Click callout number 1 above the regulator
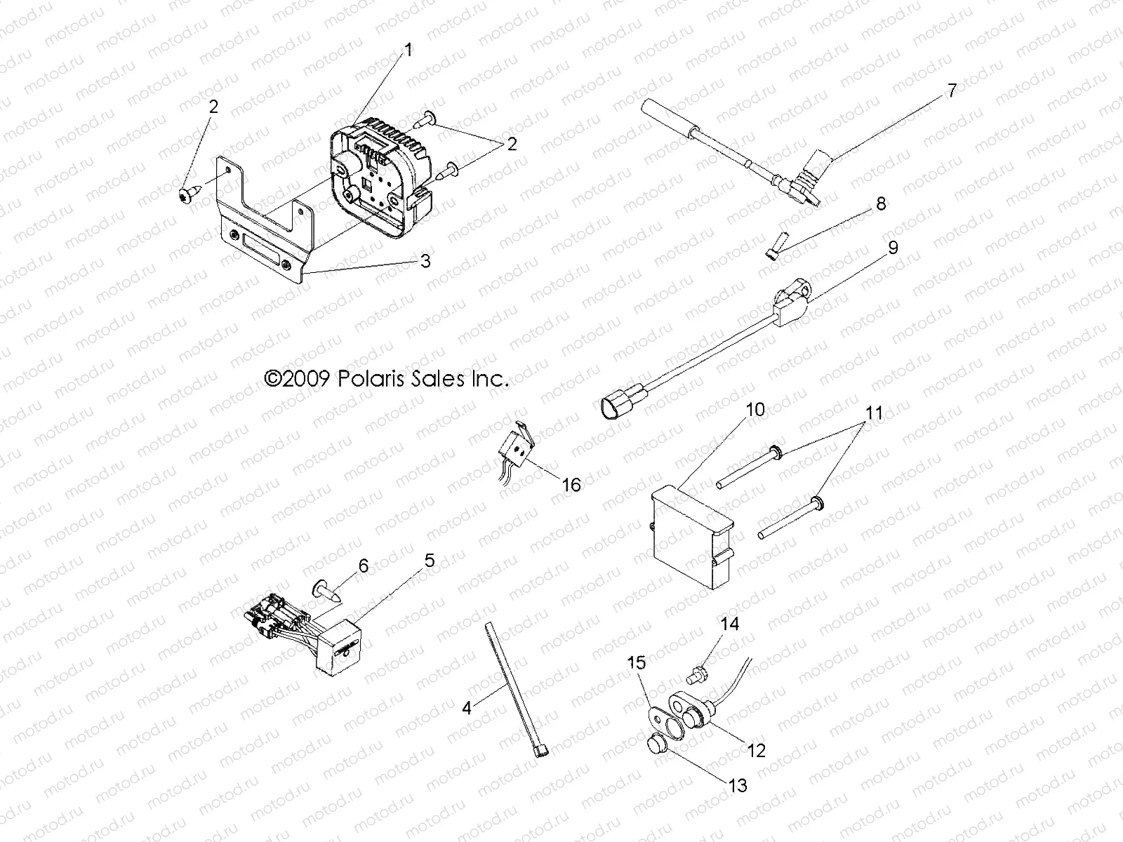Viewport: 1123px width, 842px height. (x=408, y=51)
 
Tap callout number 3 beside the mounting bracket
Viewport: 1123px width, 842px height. (x=425, y=261)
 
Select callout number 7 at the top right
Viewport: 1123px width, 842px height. (x=951, y=91)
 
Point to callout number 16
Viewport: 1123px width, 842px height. (x=572, y=484)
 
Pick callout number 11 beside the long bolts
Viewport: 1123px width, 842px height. (x=874, y=413)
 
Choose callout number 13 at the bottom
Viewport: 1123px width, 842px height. (x=738, y=785)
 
